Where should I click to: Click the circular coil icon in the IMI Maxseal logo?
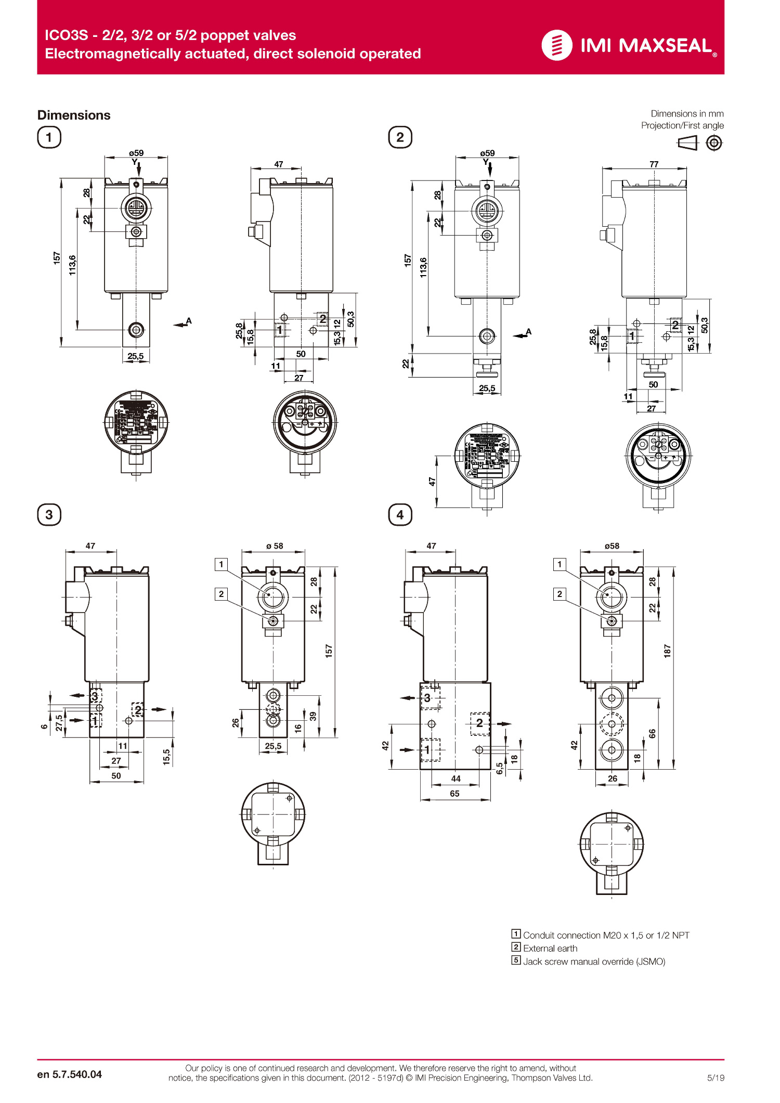point(556,45)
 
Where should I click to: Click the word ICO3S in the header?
point(66,35)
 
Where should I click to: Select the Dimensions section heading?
point(74,115)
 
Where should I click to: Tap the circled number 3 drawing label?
point(49,515)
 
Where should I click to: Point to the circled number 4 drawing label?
point(400,515)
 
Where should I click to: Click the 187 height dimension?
point(667,651)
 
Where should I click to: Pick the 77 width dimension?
point(654,164)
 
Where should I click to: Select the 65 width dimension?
point(454,794)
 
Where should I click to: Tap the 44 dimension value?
point(456,778)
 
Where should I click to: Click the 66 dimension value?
point(652,733)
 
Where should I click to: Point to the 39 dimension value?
point(313,716)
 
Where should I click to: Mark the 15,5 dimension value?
point(166,757)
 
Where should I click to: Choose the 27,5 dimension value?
point(59,722)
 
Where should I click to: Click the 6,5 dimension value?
point(500,769)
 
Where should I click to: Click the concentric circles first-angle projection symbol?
point(714,142)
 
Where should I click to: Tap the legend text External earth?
point(550,948)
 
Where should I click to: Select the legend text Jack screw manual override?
point(594,962)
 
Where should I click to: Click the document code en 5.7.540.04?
point(70,1074)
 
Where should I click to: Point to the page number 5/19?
point(716,1078)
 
